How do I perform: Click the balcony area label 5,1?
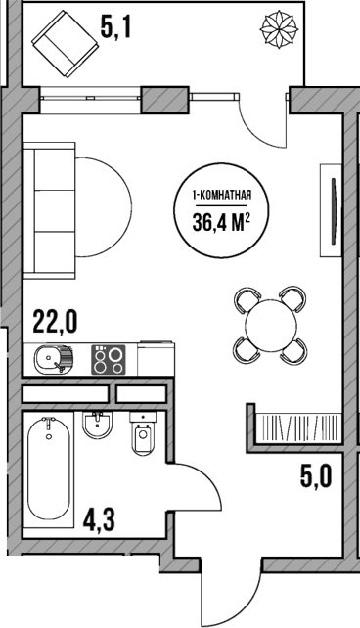pos(115,28)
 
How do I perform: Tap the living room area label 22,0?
pos(55,322)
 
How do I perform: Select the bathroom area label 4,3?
pos(99,521)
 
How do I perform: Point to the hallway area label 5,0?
pos(316,476)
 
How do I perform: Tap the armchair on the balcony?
pos(66,44)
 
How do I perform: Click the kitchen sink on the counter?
pos(53,359)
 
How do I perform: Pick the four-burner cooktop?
pos(109,359)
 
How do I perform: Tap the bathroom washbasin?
pos(97,425)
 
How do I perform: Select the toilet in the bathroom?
pos(144,433)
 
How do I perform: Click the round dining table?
pos(272,325)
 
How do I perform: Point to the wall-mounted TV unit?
pos(331,210)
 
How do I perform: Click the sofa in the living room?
pos(50,210)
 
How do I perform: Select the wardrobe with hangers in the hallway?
pos(298,427)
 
